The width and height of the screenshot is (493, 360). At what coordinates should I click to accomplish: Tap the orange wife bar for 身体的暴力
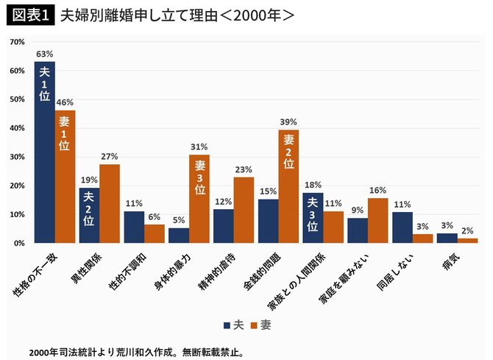click(x=199, y=199)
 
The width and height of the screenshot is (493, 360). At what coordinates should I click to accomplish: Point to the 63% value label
click(x=43, y=54)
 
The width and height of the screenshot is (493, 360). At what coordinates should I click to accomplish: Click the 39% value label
click(x=288, y=121)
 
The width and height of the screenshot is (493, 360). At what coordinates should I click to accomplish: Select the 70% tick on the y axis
click(x=15, y=43)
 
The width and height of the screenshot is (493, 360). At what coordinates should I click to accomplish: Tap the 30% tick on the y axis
click(x=15, y=157)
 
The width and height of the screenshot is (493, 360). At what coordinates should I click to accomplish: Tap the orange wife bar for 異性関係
click(x=110, y=203)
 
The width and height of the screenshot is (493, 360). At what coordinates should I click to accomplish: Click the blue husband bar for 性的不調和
click(x=134, y=227)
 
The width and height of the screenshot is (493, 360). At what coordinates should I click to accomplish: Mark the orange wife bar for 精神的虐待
click(x=244, y=210)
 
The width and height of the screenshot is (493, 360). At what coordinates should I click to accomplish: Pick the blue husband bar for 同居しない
click(x=402, y=227)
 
